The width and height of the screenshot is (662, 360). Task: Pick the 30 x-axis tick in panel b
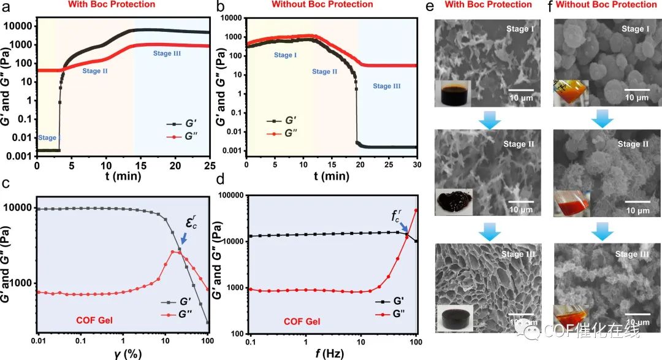(x=416, y=165)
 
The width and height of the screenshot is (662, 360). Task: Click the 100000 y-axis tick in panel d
(x=232, y=196)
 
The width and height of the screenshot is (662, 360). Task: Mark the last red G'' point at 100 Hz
(x=416, y=210)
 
